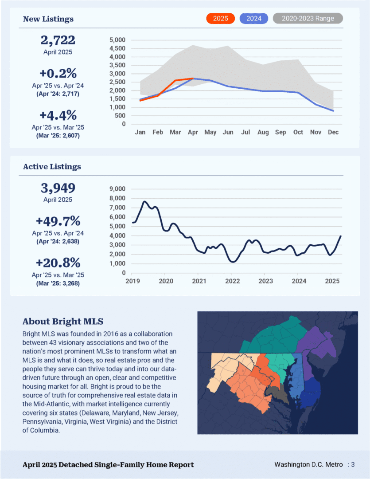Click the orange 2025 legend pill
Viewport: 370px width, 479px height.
[220, 18]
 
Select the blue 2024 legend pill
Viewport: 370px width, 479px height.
[254, 18]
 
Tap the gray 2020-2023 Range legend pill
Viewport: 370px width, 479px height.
[308, 18]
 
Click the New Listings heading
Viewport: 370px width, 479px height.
[48, 19]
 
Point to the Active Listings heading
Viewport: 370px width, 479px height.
[52, 166]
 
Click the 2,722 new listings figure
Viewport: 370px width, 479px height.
[58, 40]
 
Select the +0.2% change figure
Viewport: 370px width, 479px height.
[58, 73]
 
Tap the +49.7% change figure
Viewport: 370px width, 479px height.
[58, 221]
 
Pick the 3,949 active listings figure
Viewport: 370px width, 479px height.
[58, 188]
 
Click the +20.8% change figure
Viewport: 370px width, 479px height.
[58, 263]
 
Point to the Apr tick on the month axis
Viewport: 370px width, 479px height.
[193, 132]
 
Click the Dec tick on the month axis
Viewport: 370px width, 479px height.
[333, 132]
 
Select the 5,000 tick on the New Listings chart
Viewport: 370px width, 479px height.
[117, 40]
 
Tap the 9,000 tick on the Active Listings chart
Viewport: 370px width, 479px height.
[117, 189]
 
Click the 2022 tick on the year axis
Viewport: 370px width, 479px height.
[232, 281]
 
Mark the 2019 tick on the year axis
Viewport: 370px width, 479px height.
[133, 281]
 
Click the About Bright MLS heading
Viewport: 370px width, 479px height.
[63, 322]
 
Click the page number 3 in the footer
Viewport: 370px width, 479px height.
[353, 465]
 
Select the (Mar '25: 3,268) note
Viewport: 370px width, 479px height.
[58, 283]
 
